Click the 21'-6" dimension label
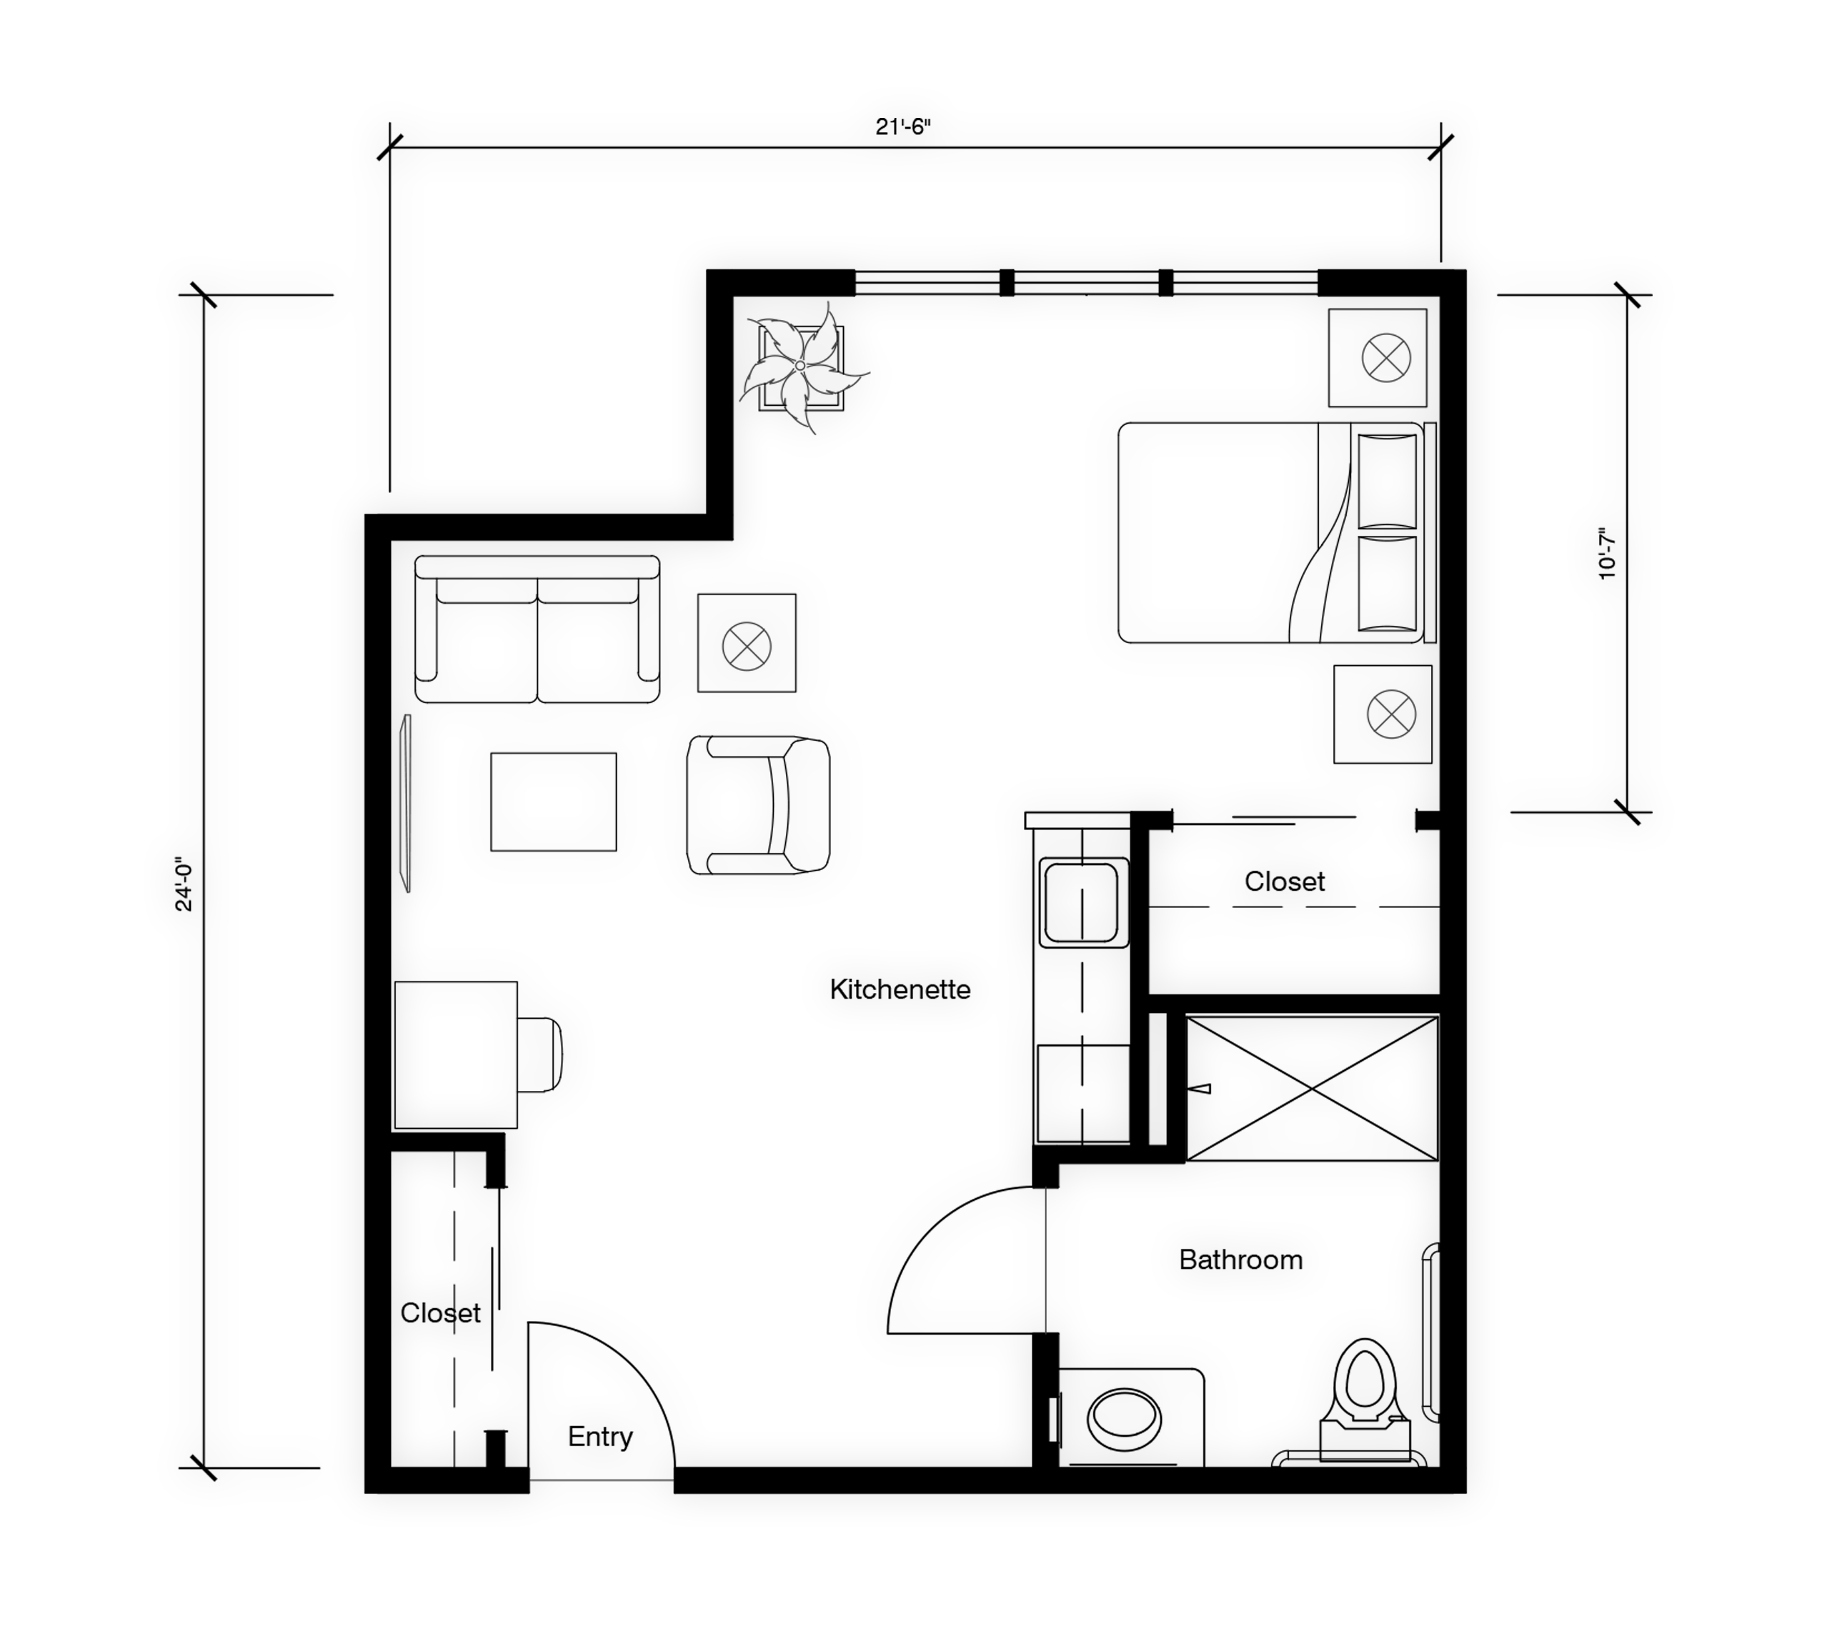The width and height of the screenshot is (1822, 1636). (x=902, y=126)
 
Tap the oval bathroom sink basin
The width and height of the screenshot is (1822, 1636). (x=1124, y=1420)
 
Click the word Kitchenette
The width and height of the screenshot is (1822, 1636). (x=900, y=989)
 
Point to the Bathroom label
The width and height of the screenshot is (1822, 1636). (x=1240, y=1260)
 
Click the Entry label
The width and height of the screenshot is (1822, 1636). (x=599, y=1437)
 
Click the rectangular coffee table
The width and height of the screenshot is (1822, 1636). (x=553, y=802)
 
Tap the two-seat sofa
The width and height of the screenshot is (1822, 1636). (x=537, y=629)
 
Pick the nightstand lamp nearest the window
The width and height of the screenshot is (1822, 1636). (x=1386, y=358)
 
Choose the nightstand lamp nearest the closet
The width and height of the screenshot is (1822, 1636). (x=1390, y=714)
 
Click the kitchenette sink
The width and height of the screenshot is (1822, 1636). (x=1083, y=902)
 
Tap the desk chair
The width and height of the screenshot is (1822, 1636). (x=539, y=1054)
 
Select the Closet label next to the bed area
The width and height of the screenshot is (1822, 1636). (x=1285, y=882)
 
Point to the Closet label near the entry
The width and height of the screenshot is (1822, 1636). (x=440, y=1313)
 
